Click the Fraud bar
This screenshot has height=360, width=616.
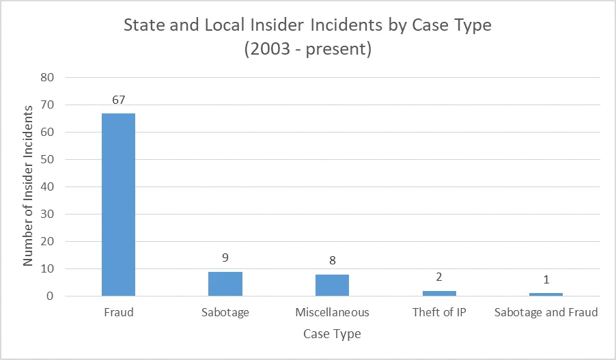[x=119, y=204]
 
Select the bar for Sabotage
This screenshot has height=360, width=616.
[x=225, y=283]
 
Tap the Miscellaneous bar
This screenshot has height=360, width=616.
[x=332, y=285]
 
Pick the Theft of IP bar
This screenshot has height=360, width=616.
[x=439, y=293]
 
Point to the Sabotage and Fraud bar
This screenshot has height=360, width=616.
[x=546, y=294]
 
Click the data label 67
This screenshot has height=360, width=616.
[x=119, y=100]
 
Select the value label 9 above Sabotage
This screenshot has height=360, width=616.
[x=225, y=259]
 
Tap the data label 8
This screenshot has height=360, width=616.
[x=332, y=262]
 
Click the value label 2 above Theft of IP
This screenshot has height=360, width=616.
[x=439, y=278]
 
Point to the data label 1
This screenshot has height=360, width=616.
[x=546, y=281]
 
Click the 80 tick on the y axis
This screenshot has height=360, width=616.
[x=46, y=78]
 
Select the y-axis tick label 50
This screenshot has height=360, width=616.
[x=46, y=160]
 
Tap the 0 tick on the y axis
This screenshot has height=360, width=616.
[x=50, y=296]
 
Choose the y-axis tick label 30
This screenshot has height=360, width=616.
[x=46, y=214]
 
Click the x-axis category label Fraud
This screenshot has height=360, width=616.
[x=119, y=313]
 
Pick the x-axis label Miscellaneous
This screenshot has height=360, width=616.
[x=332, y=313]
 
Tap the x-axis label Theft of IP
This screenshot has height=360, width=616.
[x=439, y=313]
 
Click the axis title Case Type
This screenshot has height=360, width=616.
[x=332, y=334]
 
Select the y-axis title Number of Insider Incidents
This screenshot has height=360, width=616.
[x=28, y=186]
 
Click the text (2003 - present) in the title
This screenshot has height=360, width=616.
[x=307, y=51]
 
